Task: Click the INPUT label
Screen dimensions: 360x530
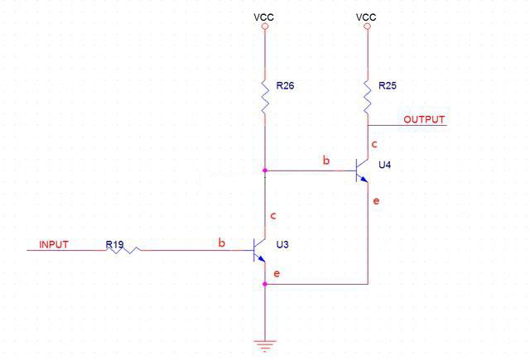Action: point(54,245)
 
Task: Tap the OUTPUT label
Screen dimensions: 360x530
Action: point(424,120)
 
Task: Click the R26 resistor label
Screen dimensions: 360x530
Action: point(286,85)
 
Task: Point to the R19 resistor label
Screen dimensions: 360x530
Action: point(114,244)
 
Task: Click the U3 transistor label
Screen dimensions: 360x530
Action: point(282,245)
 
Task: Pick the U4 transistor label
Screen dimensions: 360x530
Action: point(385,166)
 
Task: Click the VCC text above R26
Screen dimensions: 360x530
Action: point(264,16)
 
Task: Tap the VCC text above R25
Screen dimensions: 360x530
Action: point(366,16)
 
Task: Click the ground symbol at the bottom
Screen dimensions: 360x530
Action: point(265,346)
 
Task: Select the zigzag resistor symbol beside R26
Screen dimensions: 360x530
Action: point(265,96)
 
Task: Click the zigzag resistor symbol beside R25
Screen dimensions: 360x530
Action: point(367,96)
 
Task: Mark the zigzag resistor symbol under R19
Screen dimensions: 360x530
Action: point(124,249)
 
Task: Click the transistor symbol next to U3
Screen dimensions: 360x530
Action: point(258,249)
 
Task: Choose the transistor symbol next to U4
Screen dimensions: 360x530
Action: point(360,170)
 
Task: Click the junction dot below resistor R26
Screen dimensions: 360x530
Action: point(265,170)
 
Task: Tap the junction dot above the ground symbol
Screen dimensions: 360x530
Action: point(265,284)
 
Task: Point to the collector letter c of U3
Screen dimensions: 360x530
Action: point(272,217)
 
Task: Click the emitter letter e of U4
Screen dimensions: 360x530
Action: point(377,200)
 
